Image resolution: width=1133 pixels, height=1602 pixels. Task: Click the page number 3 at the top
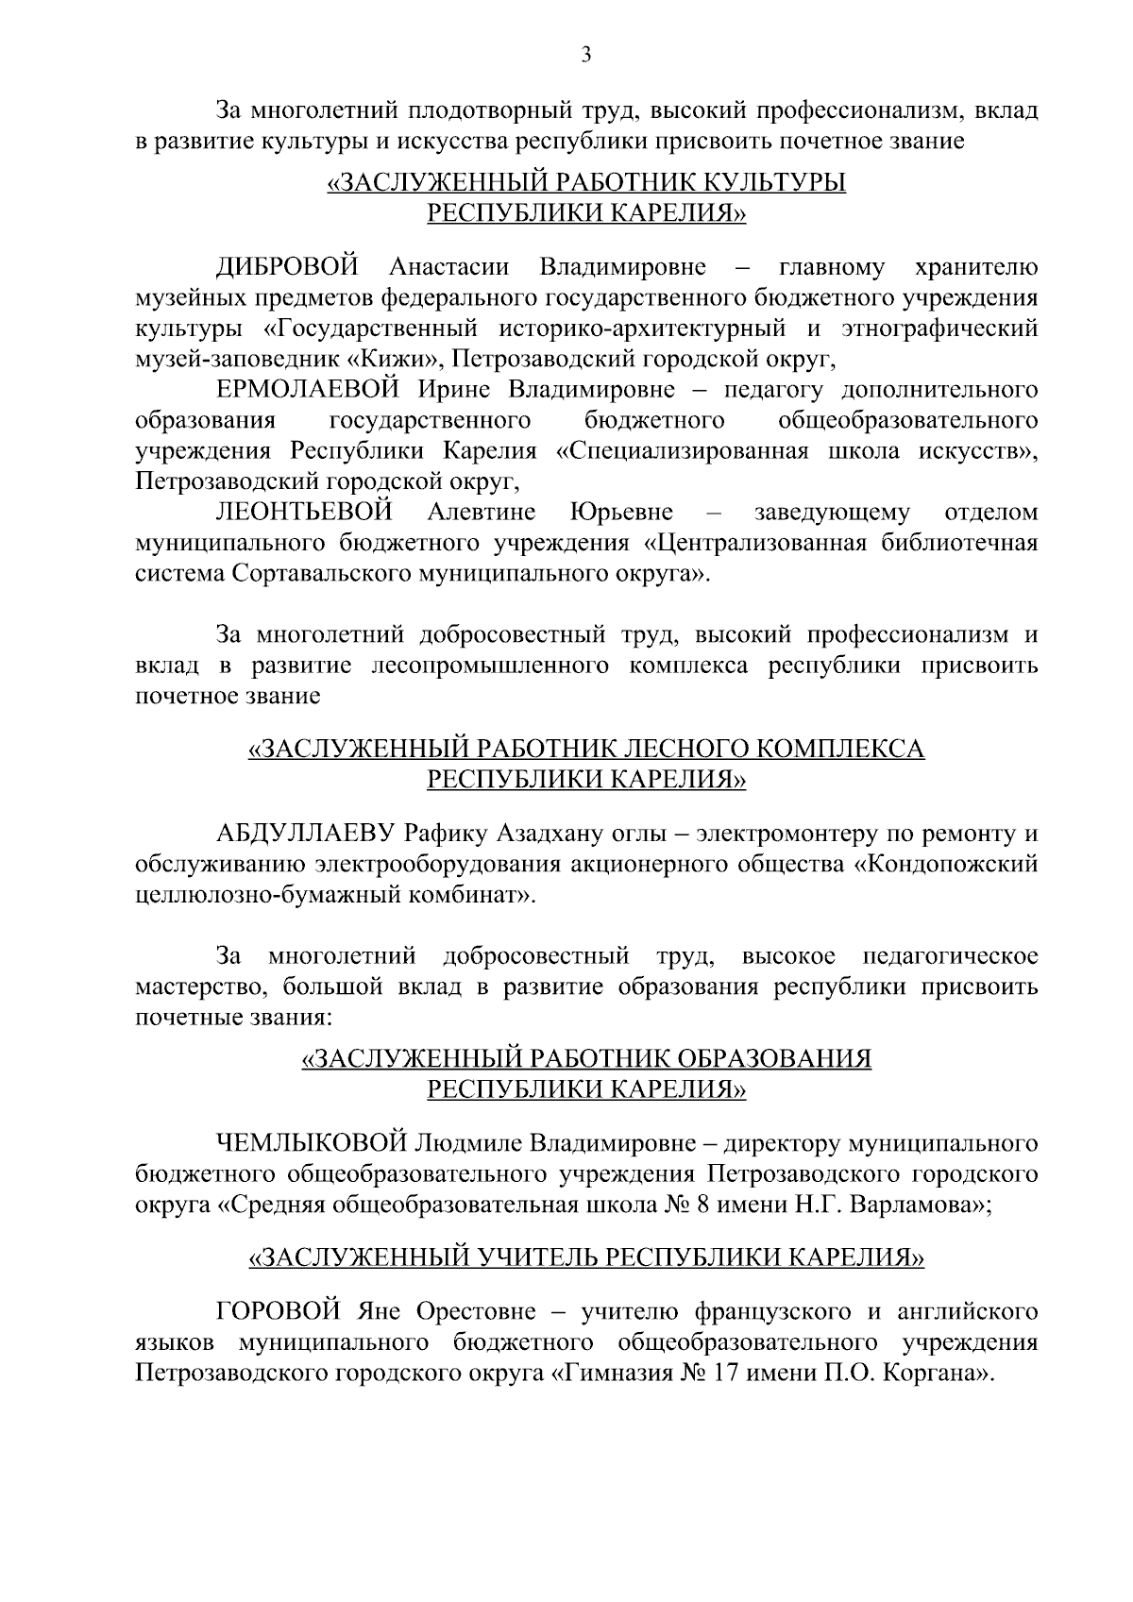coord(586,57)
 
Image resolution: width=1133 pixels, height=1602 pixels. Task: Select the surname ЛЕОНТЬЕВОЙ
coord(304,513)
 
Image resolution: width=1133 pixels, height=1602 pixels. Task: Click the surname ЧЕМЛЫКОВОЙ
coord(312,1144)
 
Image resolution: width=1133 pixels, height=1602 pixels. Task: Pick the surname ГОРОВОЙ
coord(278,1312)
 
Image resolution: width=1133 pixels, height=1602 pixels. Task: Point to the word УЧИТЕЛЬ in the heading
coord(531,1257)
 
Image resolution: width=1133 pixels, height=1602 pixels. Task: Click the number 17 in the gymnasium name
coord(723,1374)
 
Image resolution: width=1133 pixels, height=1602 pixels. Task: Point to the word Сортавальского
coord(315,574)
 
